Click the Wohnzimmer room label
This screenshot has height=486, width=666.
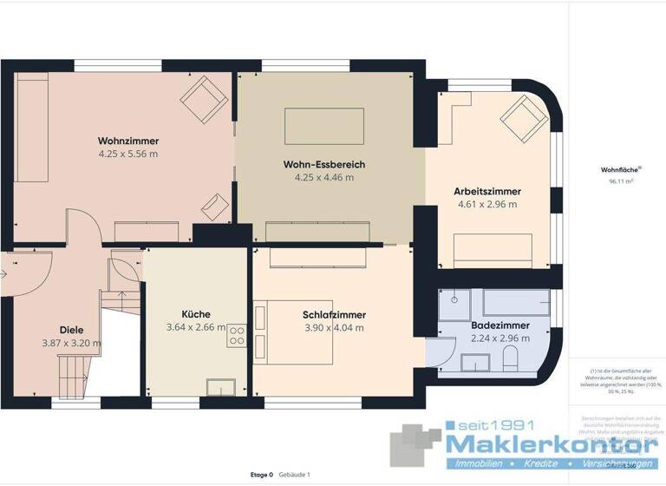tap(127, 140)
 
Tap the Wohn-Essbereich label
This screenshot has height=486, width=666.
tap(324, 164)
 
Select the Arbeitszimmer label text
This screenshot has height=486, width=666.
tap(486, 191)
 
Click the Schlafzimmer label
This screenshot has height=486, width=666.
tap(334, 314)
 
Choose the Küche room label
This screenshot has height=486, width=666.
tap(196, 314)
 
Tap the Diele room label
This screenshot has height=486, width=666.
tap(71, 330)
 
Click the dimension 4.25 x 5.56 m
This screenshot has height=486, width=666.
tap(127, 154)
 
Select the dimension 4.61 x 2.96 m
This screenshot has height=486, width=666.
tap(486, 205)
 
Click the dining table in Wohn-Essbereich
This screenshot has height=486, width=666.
tap(324, 125)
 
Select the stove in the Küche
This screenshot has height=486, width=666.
tap(237, 335)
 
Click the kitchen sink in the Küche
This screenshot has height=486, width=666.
tap(217, 387)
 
